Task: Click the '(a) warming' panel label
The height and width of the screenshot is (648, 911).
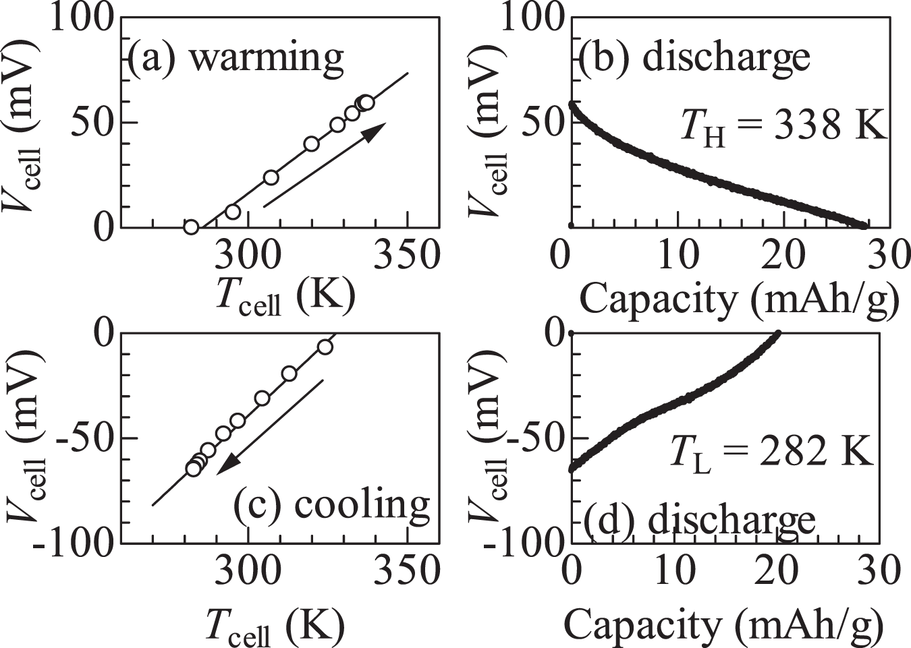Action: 236,57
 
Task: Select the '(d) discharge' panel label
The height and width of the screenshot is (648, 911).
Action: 699,521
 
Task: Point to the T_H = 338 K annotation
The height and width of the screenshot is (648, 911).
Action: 783,125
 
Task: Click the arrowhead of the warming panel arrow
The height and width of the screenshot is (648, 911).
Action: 377,130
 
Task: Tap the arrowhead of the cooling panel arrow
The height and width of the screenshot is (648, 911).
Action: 227,466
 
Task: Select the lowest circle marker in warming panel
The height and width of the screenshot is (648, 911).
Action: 191,227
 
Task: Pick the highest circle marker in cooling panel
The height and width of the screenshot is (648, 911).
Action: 325,347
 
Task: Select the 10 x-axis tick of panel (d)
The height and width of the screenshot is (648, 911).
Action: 676,571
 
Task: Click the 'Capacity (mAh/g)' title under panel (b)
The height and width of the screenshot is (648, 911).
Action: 739,298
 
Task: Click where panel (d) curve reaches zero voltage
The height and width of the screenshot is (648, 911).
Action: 777,334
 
